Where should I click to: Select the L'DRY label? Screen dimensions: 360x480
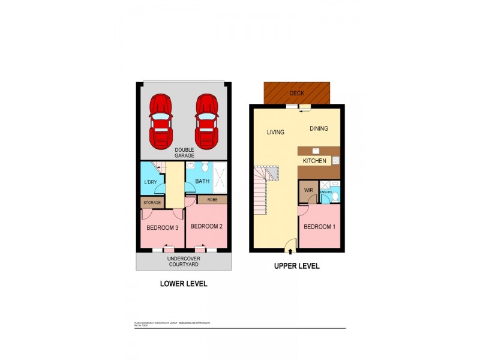[x=151, y=182]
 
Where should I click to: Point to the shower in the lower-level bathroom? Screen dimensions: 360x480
[x=220, y=178]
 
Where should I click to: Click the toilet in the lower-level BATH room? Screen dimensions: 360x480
[x=205, y=166]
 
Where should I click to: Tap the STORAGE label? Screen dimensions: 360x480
[x=152, y=203]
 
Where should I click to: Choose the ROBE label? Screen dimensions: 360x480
[x=212, y=200]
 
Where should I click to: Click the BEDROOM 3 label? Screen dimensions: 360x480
[x=163, y=228]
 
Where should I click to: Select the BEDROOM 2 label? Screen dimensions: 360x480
[x=206, y=227]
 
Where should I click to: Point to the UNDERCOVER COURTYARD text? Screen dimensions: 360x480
[x=183, y=261]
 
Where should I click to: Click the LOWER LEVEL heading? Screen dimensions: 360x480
[x=184, y=284]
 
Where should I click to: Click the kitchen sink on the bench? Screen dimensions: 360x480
[x=316, y=151]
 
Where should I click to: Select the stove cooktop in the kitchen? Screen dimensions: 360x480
[x=335, y=160]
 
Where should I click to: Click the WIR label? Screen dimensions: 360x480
[x=309, y=191]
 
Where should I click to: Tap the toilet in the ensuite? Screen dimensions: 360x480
[x=336, y=195]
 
